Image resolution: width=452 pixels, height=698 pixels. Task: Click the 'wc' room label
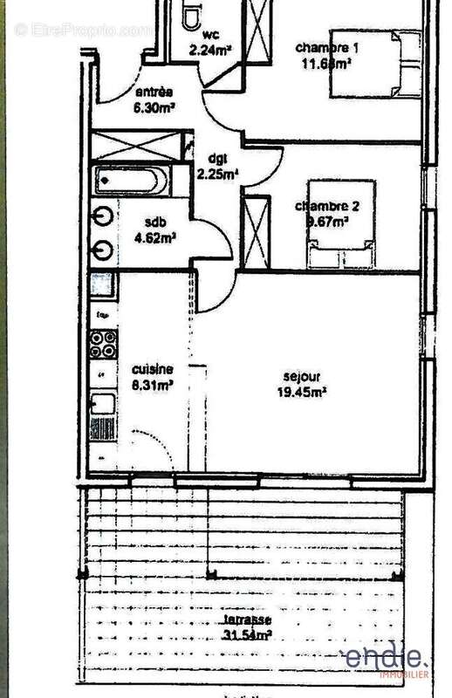click(210, 36)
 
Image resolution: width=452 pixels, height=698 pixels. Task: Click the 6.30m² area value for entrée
click(154, 108)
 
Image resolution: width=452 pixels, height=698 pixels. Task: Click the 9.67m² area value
click(326, 221)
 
